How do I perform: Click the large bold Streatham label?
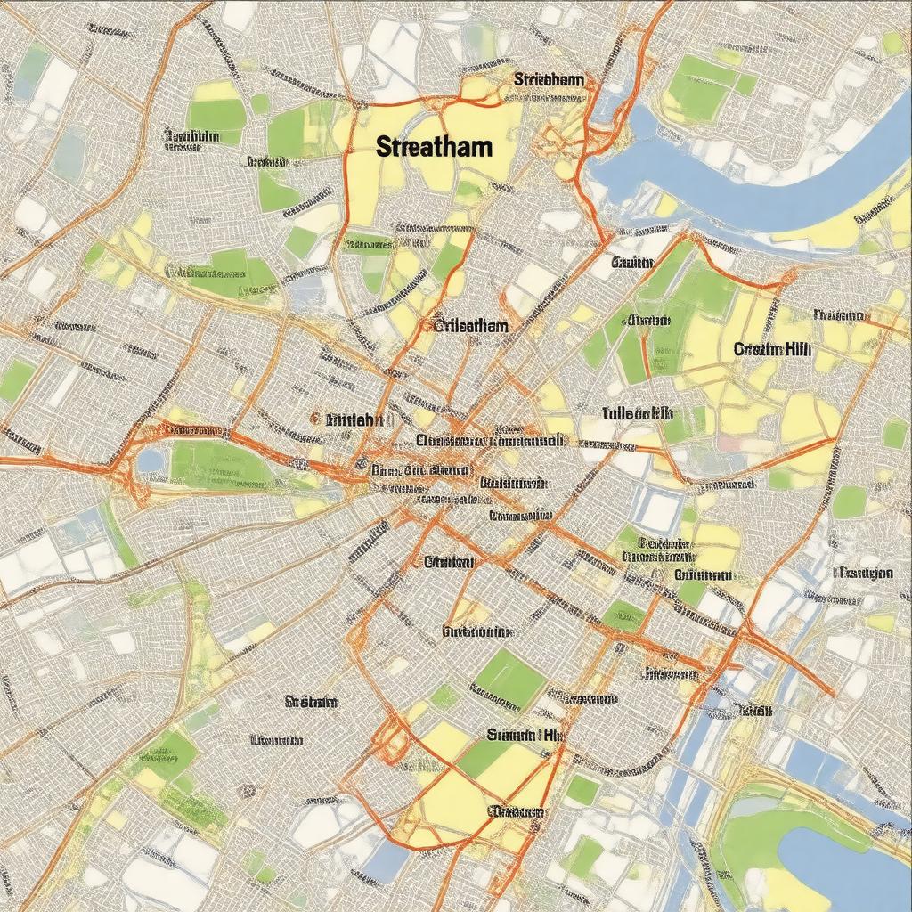click(434, 147)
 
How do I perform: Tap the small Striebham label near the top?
click(549, 80)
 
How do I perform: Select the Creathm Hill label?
click(771, 350)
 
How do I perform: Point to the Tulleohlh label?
click(637, 413)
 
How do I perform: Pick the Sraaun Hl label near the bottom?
click(525, 735)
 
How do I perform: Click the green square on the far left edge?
click(16, 379)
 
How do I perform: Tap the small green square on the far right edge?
click(894, 435)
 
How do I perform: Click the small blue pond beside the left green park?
click(151, 460)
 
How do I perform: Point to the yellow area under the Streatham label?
click(392, 191)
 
